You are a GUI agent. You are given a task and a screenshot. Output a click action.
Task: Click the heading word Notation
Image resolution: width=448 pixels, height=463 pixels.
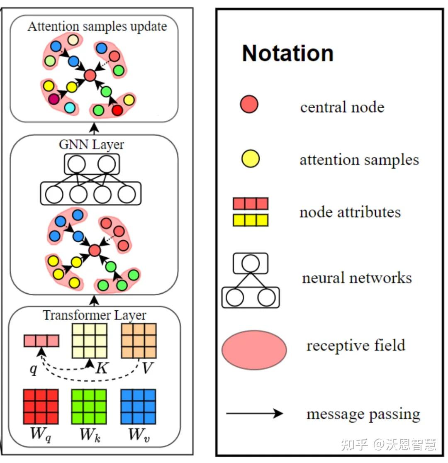click(x=287, y=54)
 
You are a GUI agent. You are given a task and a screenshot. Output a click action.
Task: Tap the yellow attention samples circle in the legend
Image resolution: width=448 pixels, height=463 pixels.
click(x=250, y=159)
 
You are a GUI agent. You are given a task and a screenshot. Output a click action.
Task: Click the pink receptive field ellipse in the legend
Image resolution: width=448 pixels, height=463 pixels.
click(x=254, y=349)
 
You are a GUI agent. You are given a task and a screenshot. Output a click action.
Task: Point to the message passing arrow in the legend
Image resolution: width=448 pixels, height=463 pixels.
click(x=254, y=413)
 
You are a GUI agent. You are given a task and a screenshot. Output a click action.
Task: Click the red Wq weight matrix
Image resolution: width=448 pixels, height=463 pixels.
click(x=41, y=406)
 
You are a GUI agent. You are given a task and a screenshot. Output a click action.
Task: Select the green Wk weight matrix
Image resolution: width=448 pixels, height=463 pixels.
click(x=89, y=406)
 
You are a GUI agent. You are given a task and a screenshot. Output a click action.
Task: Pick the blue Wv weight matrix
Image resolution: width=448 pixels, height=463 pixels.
click(x=138, y=406)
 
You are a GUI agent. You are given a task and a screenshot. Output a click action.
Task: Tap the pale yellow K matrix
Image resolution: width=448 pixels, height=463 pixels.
click(x=90, y=341)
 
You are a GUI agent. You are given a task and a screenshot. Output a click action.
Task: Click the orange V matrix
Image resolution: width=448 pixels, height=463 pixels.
click(x=139, y=341)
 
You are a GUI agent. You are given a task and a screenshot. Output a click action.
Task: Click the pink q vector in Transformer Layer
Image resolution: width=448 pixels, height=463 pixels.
click(x=41, y=341)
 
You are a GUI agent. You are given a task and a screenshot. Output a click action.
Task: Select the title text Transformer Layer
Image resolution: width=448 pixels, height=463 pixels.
click(x=95, y=315)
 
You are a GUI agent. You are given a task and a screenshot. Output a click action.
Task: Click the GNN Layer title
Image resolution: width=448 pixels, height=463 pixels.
click(x=92, y=145)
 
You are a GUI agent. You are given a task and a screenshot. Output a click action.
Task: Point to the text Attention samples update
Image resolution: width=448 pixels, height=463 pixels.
click(x=97, y=27)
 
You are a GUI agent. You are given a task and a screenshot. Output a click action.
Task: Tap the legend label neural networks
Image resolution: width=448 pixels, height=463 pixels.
click(x=357, y=278)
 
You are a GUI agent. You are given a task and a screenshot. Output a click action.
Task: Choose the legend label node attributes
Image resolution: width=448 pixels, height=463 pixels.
click(x=350, y=212)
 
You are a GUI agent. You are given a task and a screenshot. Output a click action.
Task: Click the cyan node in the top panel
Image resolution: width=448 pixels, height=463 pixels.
click(x=70, y=108)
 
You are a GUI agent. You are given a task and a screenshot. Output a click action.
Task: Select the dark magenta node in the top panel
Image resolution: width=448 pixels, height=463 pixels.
click(x=54, y=99)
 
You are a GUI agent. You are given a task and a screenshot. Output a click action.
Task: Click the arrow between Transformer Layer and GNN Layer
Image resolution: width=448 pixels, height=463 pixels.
click(x=95, y=300)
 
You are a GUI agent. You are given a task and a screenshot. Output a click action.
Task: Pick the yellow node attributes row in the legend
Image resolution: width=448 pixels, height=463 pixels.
click(x=251, y=220)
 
